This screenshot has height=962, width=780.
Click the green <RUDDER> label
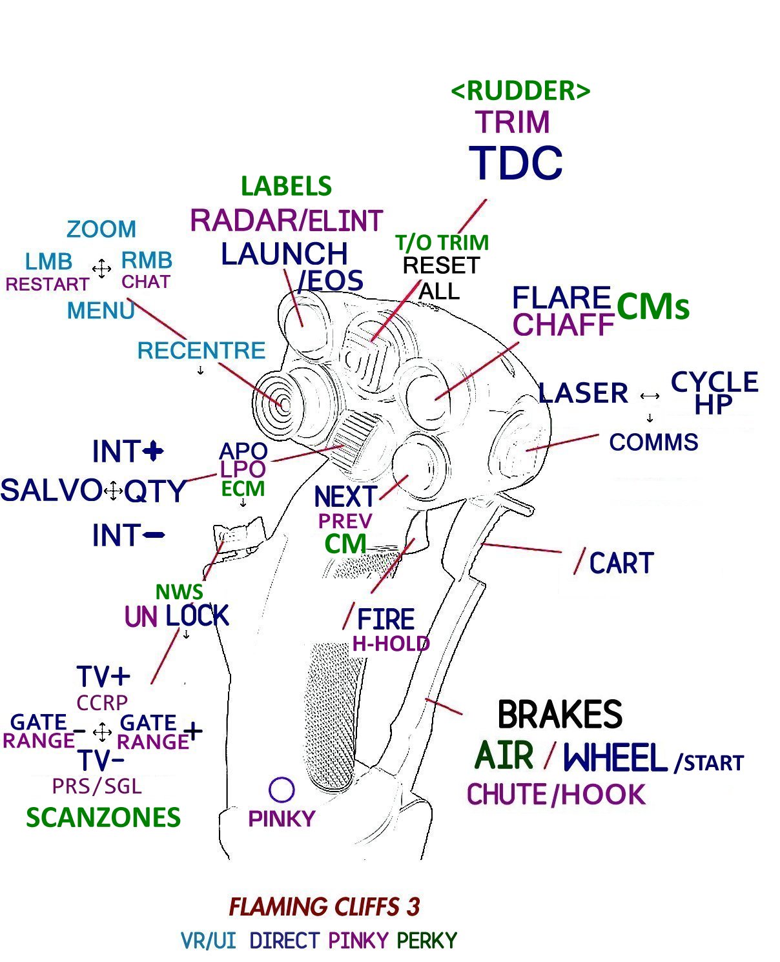pos(520,90)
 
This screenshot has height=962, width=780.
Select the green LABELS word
pos(286,186)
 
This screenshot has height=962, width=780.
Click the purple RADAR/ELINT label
pos(286,220)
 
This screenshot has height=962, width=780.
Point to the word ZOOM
pos(101,229)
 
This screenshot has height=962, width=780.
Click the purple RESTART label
pos(47,284)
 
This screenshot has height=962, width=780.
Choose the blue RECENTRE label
pos(201,351)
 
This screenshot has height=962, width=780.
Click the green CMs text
pos(653,306)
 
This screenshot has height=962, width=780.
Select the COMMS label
pos(653,442)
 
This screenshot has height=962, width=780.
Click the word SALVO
pos(51,490)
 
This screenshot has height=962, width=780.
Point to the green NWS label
pos(179,591)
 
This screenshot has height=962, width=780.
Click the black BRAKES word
pos(560,714)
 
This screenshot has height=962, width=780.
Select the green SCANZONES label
pos(103,817)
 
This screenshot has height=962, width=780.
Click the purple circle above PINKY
pos(282,790)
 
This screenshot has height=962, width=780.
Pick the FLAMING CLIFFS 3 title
pos(325,906)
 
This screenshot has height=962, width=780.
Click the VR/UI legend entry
pos(208,941)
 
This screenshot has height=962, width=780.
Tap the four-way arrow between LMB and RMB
pos(101,269)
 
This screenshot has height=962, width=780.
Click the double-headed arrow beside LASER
pos(650,396)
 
